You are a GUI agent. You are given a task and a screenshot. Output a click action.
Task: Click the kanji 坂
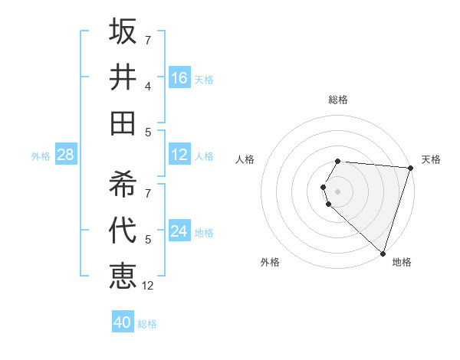pyautogui.click(x=123, y=32)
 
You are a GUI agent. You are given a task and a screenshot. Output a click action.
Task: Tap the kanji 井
pyautogui.click(x=123, y=77)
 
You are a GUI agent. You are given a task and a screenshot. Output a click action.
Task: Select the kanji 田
pyautogui.click(x=123, y=123)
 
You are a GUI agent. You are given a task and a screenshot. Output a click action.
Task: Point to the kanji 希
pyautogui.click(x=123, y=184)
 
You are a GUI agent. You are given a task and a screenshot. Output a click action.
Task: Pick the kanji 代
pyautogui.click(x=123, y=230)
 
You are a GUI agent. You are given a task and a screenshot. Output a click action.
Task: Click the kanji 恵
pyautogui.click(x=123, y=275)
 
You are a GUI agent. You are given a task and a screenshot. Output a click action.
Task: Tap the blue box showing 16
pyautogui.click(x=179, y=78)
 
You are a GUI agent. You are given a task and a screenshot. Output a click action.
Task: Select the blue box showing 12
pyautogui.click(x=179, y=155)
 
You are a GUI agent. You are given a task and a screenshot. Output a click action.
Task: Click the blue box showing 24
pyautogui.click(x=179, y=231)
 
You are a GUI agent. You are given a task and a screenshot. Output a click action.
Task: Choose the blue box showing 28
pyautogui.click(x=65, y=155)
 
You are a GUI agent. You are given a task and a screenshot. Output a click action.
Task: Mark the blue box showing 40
pyautogui.click(x=123, y=322)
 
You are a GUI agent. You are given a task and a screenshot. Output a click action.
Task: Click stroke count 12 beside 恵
pyautogui.click(x=148, y=286)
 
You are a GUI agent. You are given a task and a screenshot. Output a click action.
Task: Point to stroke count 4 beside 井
pyautogui.click(x=147, y=86)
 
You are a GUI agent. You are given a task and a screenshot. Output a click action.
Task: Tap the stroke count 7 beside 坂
pyautogui.click(x=147, y=40)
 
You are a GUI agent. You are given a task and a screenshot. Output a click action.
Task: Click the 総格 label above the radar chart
pyautogui.click(x=338, y=100)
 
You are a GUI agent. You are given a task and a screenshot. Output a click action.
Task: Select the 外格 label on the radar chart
pyautogui.click(x=270, y=262)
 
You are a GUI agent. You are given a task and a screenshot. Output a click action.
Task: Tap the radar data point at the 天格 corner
pyautogui.click(x=411, y=169)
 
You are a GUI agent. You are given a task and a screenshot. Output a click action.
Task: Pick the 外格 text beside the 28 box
pyautogui.click(x=41, y=156)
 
